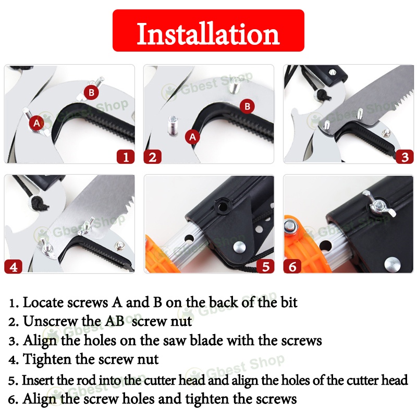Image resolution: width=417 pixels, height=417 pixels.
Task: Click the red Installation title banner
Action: click(208, 30)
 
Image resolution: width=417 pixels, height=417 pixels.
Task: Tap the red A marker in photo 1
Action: click(36, 122)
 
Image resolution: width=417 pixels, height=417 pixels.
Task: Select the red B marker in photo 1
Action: click(91, 92)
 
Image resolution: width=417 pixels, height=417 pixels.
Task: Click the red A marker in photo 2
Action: click(192, 137)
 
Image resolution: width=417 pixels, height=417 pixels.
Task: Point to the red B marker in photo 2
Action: click(247, 106)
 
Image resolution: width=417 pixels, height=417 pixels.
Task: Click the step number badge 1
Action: click(126, 156)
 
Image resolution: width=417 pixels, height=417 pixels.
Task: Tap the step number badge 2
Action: click(152, 156)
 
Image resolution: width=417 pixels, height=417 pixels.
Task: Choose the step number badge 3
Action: click(404, 156)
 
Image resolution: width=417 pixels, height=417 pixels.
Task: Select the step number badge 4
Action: click(14, 266)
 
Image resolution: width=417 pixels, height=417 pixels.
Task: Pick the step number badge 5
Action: click(266, 266)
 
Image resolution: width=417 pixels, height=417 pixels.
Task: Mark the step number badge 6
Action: click(292, 266)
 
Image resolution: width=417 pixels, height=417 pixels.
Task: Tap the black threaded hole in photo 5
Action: click(222, 205)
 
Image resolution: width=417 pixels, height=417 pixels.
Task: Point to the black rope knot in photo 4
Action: click(39, 203)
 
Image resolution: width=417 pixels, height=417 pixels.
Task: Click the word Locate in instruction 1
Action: click(43, 303)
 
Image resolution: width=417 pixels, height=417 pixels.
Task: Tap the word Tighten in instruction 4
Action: click(47, 360)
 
